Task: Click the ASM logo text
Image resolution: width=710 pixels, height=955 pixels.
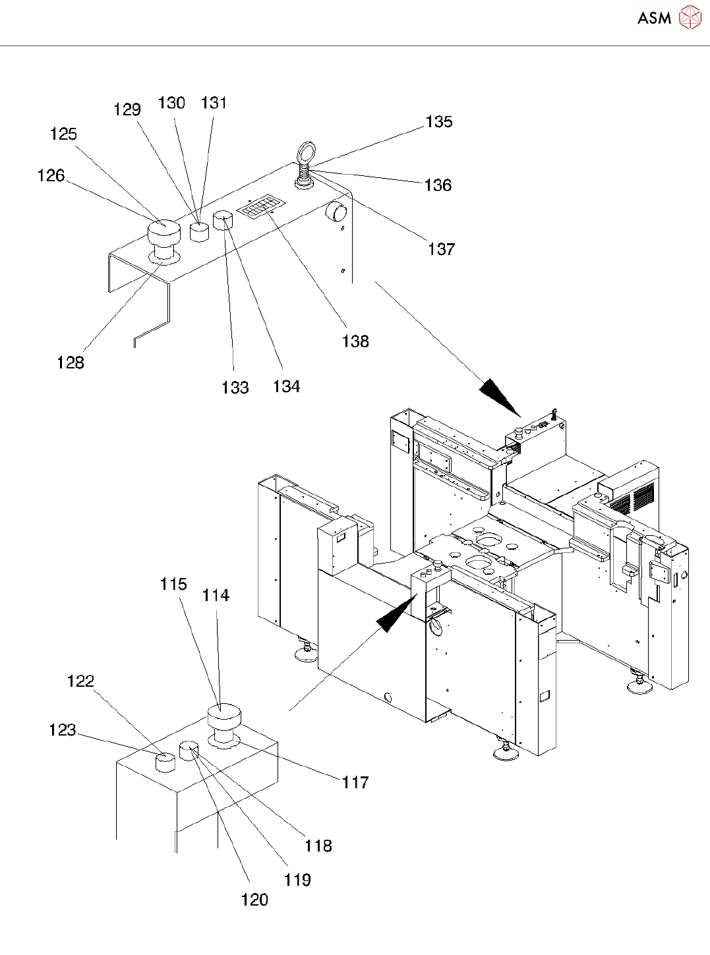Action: [x=654, y=18]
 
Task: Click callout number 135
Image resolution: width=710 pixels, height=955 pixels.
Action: [x=439, y=122]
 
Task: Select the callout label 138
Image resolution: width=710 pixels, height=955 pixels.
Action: [x=355, y=341]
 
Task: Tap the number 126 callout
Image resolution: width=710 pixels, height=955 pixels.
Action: [x=51, y=176]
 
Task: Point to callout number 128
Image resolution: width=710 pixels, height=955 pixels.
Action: [x=71, y=362]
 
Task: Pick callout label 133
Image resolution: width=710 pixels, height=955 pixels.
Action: [x=235, y=388]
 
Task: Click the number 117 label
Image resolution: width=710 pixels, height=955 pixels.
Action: [x=355, y=782]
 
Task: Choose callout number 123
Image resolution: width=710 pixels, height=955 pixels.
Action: [x=63, y=730]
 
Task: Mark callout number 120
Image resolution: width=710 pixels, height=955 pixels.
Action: [x=254, y=900]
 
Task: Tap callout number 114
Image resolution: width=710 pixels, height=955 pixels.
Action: [x=216, y=596]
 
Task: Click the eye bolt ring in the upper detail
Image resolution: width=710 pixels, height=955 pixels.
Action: [x=307, y=153]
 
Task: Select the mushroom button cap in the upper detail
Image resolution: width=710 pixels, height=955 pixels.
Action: [x=163, y=233]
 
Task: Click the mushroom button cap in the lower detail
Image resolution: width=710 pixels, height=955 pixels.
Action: [x=223, y=716]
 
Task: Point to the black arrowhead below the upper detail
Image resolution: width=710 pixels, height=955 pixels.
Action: [x=500, y=396]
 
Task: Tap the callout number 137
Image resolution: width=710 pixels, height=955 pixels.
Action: [x=441, y=249]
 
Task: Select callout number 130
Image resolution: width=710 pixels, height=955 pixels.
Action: [x=171, y=103]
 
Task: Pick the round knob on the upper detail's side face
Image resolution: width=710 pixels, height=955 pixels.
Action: [x=338, y=212]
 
